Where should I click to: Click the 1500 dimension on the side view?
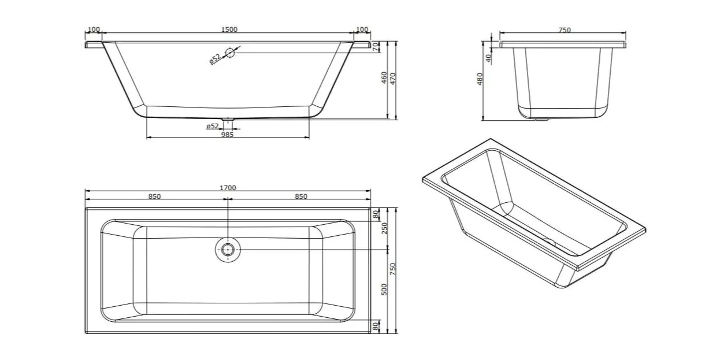229,29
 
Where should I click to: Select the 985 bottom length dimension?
227,135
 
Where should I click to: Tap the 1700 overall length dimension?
228,188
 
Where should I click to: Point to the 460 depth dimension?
384,77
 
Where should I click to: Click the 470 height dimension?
393,79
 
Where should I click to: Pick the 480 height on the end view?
480,79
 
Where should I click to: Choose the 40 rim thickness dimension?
488,58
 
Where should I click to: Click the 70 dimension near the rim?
376,47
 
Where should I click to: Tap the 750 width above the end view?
565,30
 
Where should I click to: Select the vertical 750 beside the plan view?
393,269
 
